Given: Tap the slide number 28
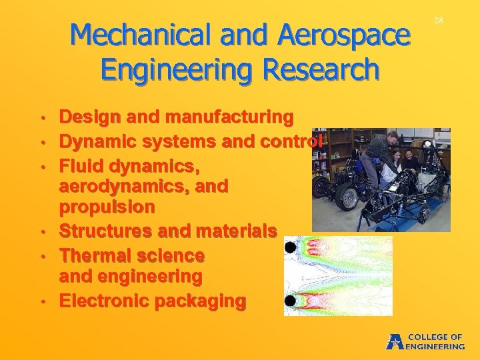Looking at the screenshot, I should [439, 21].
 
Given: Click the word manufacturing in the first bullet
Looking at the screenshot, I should [229, 117].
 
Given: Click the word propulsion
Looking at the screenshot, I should [107, 207].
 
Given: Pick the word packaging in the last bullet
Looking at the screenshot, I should [200, 301].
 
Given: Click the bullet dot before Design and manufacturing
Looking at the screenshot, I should [42, 119].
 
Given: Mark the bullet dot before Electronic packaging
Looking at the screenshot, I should [42, 302].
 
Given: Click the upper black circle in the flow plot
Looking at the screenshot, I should [291, 249].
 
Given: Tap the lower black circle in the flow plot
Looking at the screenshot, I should [291, 301].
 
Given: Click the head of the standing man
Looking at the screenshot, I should [392, 138].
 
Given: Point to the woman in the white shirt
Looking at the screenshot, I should [396, 163].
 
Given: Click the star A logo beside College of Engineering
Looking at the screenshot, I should [395, 341].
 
